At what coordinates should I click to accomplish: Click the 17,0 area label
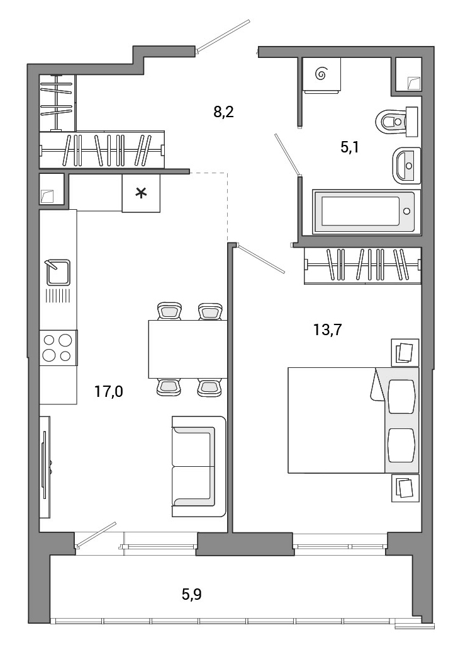[109, 391]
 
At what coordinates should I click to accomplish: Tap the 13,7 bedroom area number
[328, 329]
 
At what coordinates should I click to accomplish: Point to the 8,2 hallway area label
[224, 112]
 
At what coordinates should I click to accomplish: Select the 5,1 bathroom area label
[350, 147]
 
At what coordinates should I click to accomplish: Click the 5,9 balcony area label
[192, 594]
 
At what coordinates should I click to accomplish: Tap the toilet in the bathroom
[397, 122]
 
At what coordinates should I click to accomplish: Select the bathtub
[367, 212]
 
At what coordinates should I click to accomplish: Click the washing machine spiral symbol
[321, 74]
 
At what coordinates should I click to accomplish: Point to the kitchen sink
[58, 272]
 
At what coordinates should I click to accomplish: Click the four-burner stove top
[58, 348]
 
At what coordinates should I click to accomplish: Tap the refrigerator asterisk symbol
[142, 193]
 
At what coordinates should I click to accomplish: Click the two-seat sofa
[199, 466]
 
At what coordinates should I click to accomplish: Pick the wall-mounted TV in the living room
[45, 467]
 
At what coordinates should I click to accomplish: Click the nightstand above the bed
[405, 352]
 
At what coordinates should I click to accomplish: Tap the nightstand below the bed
[405, 488]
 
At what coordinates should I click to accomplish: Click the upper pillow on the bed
[402, 396]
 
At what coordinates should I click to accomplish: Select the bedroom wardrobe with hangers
[362, 266]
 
